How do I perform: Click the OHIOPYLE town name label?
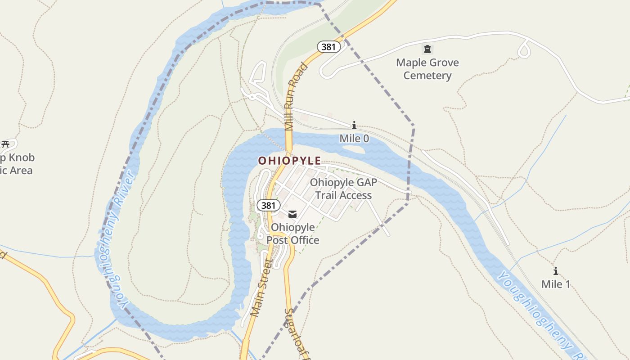coord(289,161)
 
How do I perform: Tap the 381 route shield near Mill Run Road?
coord(328,46)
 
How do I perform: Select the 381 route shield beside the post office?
coord(268,206)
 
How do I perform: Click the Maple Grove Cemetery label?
coord(427,69)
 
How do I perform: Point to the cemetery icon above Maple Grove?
coord(427,49)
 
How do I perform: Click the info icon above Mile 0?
coord(354,125)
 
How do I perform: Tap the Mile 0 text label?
coord(354,138)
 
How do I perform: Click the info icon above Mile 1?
coord(555,271)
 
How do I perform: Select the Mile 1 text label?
coord(555,284)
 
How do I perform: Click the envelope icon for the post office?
coord(292,214)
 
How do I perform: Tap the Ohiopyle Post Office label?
coord(293,234)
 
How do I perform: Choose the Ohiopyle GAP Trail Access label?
coord(343,189)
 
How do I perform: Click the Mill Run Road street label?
coord(295,97)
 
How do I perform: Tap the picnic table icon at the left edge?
coord(5,144)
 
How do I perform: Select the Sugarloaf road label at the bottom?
coord(295,333)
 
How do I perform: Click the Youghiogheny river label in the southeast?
coord(535,310)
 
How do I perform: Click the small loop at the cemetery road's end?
coord(524,49)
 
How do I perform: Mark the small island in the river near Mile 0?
coord(355,148)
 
